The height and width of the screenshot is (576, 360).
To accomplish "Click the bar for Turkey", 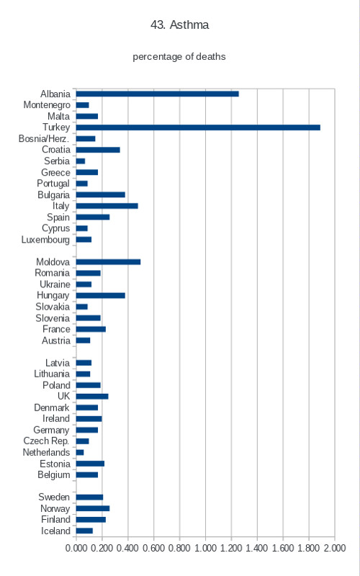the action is pos(198,127).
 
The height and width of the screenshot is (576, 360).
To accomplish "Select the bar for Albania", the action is pos(157,94).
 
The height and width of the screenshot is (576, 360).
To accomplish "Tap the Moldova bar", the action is pos(108,262).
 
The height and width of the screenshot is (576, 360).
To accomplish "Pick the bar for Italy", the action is pos(107,206).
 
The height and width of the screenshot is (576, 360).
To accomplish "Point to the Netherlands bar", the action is pos(80,453).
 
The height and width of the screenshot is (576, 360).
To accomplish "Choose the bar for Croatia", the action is pos(98,150).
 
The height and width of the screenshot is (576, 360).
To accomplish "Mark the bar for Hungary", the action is pos(100,296).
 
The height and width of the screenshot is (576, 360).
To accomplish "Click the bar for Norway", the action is pos(93,508).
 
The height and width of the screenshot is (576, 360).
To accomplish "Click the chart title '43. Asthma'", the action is pos(179,25).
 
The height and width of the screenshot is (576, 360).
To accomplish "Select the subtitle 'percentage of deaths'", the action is pos(179,57).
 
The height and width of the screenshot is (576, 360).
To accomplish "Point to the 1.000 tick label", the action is pos(205,548).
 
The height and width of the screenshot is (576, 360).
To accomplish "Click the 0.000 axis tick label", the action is pos(76,548).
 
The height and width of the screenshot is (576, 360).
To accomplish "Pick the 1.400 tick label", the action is pos(257,548).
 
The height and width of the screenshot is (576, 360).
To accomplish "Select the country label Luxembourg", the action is pos(45,240).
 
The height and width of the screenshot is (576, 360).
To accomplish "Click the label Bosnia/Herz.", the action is pos(44,139).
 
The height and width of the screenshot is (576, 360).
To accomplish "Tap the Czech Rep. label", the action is pos(46,441).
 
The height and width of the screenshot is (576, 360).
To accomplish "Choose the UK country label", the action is pos(63,397).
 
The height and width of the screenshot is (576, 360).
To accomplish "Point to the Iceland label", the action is pos(55,531).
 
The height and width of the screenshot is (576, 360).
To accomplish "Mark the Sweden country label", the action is pos(54,497).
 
